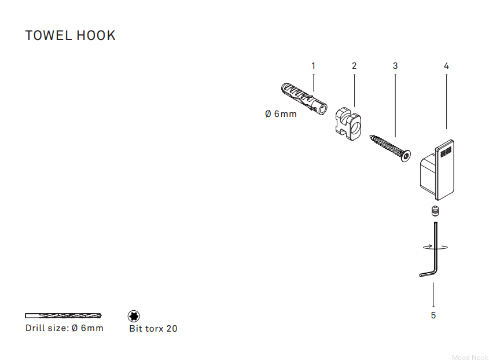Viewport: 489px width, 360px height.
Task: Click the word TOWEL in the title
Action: (x=49, y=35)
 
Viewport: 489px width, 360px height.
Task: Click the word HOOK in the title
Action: (x=96, y=35)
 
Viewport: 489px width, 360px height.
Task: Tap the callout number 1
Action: (x=314, y=66)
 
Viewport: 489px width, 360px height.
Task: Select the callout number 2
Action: (x=354, y=66)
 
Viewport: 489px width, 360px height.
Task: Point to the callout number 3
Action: (x=395, y=66)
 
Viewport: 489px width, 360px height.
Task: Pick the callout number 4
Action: (x=446, y=66)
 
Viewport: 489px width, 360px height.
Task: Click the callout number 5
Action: (x=433, y=315)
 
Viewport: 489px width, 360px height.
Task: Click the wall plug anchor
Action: (x=304, y=98)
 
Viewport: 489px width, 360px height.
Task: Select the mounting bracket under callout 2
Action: (x=348, y=123)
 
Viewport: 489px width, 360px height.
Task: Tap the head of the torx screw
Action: (x=406, y=156)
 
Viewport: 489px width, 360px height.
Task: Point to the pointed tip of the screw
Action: (x=370, y=136)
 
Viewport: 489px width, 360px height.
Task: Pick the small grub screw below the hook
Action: (x=435, y=211)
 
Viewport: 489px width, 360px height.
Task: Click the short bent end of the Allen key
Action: (x=427, y=274)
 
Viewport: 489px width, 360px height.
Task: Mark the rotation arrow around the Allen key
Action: (x=435, y=247)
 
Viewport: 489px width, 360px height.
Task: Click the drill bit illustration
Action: (x=63, y=315)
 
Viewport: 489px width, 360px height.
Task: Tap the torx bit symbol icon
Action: (x=134, y=316)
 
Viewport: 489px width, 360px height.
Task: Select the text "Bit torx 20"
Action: (x=153, y=329)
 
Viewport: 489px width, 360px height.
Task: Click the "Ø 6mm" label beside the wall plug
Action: (x=281, y=114)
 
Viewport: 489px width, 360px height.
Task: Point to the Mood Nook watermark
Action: (x=470, y=357)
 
